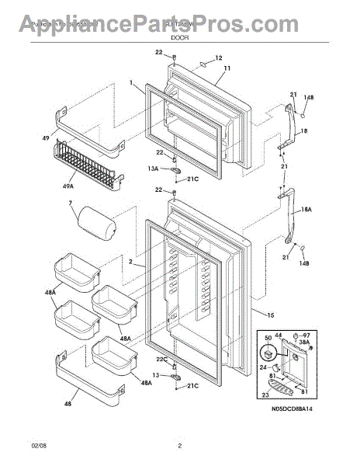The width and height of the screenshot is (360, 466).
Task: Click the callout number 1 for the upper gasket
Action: [131, 82]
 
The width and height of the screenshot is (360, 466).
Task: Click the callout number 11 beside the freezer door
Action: [227, 69]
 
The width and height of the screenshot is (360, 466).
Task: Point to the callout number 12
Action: [218, 57]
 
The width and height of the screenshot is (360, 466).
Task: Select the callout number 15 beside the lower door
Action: [271, 314]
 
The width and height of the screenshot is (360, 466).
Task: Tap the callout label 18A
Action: [305, 209]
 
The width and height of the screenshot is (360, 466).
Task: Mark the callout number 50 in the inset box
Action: [269, 339]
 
